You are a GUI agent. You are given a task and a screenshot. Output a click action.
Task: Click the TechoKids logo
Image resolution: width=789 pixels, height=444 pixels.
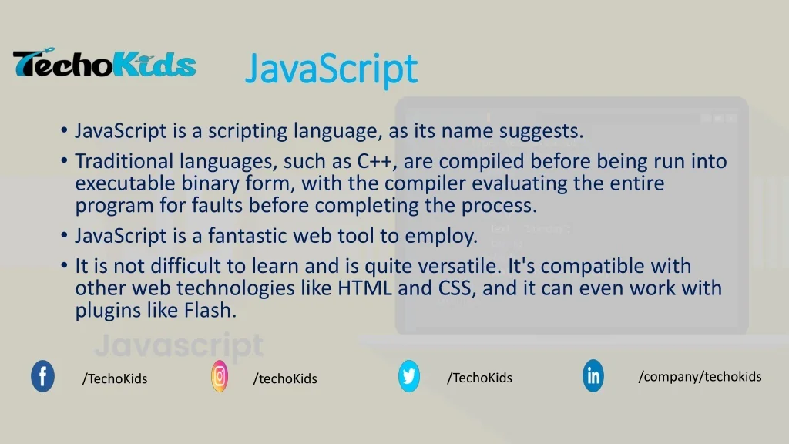tap(104, 64)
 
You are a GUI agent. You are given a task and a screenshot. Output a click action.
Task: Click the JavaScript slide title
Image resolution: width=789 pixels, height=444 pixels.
tap(331, 69)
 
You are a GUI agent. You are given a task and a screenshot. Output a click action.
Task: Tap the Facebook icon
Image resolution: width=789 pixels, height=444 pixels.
tap(42, 377)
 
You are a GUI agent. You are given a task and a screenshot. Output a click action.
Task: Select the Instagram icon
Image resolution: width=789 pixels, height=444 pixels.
tap(220, 376)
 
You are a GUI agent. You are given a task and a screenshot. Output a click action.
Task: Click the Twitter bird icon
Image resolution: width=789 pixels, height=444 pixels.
tap(409, 376)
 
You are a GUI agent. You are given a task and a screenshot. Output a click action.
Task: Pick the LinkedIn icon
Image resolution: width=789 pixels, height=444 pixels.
tap(593, 376)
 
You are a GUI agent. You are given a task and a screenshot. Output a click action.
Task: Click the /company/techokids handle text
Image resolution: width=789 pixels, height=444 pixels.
tap(700, 376)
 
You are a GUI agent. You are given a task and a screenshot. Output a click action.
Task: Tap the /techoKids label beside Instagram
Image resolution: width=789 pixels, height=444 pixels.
tap(285, 378)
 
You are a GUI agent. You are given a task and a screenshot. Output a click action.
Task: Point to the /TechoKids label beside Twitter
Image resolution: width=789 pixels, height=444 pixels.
tap(479, 377)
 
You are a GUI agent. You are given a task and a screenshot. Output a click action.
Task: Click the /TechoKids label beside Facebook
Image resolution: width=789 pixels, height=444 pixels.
tap(115, 378)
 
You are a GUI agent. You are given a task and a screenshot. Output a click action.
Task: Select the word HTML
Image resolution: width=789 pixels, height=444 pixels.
tap(365, 289)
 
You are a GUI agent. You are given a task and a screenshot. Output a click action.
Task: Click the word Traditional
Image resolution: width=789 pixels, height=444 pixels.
tap(124, 162)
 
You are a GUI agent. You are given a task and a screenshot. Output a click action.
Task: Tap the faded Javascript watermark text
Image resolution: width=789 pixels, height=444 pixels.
tap(179, 345)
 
